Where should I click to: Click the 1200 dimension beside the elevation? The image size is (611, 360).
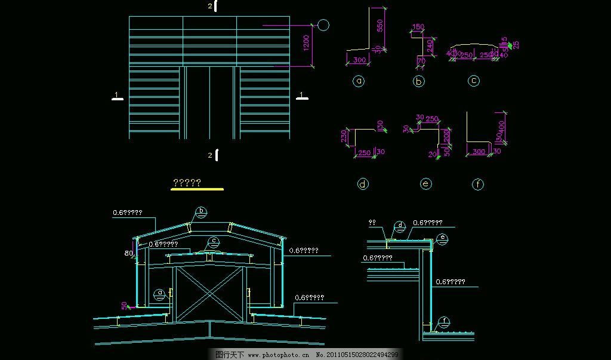[305, 43]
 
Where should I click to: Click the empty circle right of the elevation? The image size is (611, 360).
[323, 25]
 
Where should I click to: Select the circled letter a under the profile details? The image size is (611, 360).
[359, 81]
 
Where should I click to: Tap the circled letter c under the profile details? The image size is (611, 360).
[473, 81]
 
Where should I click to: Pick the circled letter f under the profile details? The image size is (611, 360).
[478, 184]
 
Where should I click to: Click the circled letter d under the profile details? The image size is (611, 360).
[363, 184]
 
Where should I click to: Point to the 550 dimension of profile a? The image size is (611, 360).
[380, 25]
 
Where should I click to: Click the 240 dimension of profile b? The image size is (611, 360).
[431, 45]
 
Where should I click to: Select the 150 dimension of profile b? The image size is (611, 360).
[418, 27]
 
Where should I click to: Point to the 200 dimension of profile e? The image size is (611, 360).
[446, 137]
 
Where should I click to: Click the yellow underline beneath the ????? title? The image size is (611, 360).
[198, 189]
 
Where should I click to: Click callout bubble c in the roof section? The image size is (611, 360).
[213, 242]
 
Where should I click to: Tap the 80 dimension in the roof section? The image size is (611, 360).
[129, 253]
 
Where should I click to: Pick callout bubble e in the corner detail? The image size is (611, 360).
[442, 238]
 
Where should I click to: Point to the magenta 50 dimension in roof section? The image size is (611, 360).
[124, 305]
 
